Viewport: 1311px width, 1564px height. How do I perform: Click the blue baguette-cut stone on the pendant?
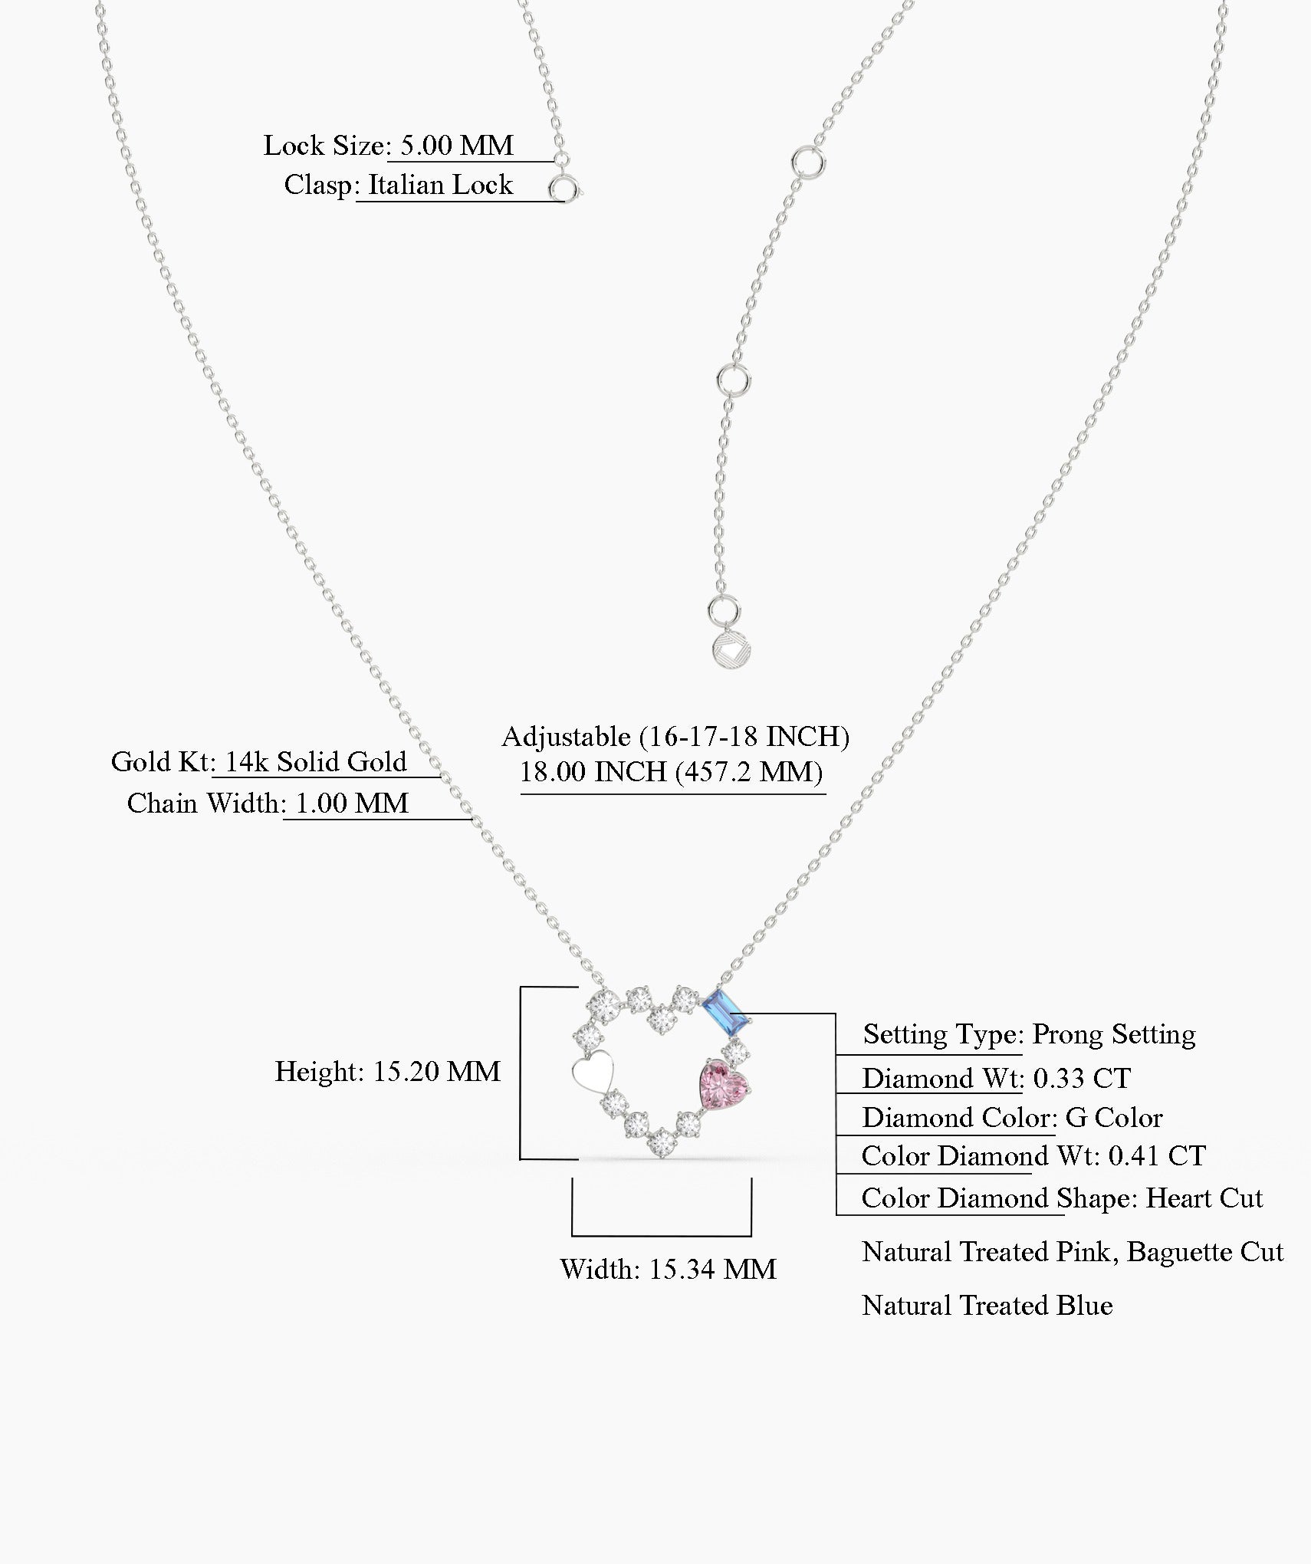click(x=725, y=1012)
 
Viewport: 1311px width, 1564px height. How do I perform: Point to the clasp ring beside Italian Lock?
click(x=563, y=189)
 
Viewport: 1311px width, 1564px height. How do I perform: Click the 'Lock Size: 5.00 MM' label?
click(x=389, y=146)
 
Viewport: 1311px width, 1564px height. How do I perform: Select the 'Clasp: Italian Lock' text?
click(x=398, y=185)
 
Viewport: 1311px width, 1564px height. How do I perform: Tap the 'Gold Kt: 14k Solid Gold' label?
click(x=259, y=762)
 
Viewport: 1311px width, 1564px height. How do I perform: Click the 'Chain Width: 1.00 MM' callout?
click(x=268, y=803)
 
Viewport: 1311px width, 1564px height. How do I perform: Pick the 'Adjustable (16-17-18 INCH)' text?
click(x=675, y=737)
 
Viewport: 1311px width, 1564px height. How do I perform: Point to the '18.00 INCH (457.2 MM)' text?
click(x=672, y=772)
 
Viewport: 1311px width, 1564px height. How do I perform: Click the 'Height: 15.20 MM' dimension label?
click(x=388, y=1072)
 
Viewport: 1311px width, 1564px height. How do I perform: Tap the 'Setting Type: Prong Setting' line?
click(x=1030, y=1035)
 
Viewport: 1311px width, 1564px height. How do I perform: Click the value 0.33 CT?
click(x=1082, y=1079)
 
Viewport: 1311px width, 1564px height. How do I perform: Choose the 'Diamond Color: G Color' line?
click(x=1013, y=1118)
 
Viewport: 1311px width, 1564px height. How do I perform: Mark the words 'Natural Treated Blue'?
click(x=987, y=1306)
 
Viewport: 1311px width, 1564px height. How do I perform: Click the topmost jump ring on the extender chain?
click(x=810, y=163)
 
